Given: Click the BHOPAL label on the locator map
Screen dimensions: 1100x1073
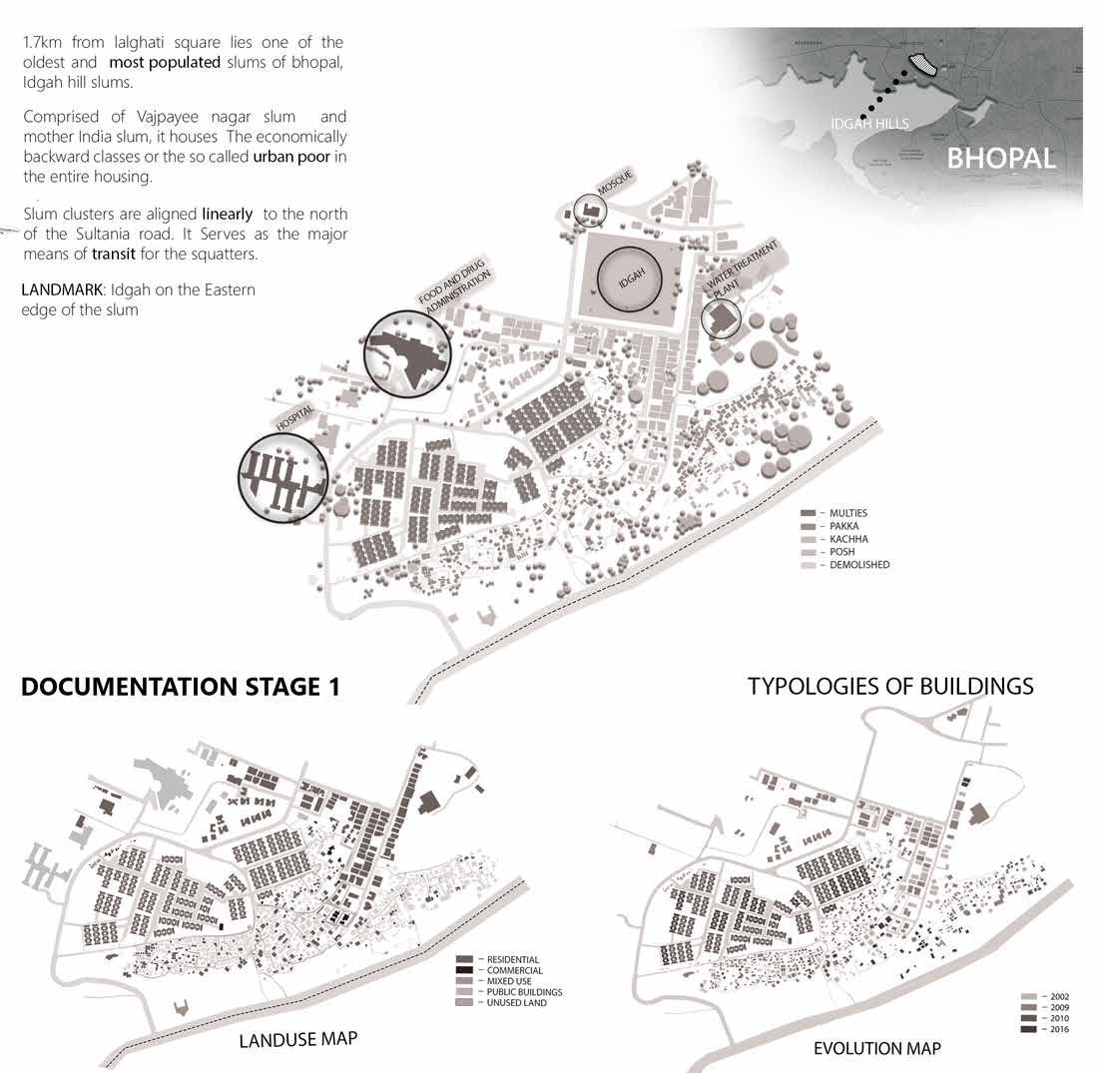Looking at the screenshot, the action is tap(1001, 158).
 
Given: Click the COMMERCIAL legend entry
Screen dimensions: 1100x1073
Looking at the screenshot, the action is tap(514, 970).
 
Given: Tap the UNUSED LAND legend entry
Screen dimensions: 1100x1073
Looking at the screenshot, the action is tap(516, 1002).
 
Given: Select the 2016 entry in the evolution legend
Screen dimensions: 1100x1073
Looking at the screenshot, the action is tap(1055, 1029).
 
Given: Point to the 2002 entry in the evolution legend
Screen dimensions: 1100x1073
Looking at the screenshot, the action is tap(1055, 996).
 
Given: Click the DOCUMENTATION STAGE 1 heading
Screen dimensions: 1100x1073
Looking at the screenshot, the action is tap(181, 688).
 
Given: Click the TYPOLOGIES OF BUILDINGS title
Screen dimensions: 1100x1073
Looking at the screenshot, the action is tap(890, 687).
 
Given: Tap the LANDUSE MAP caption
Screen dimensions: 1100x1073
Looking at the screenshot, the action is tap(297, 1040).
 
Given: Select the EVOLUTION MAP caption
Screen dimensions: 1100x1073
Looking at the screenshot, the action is tap(876, 1048).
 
